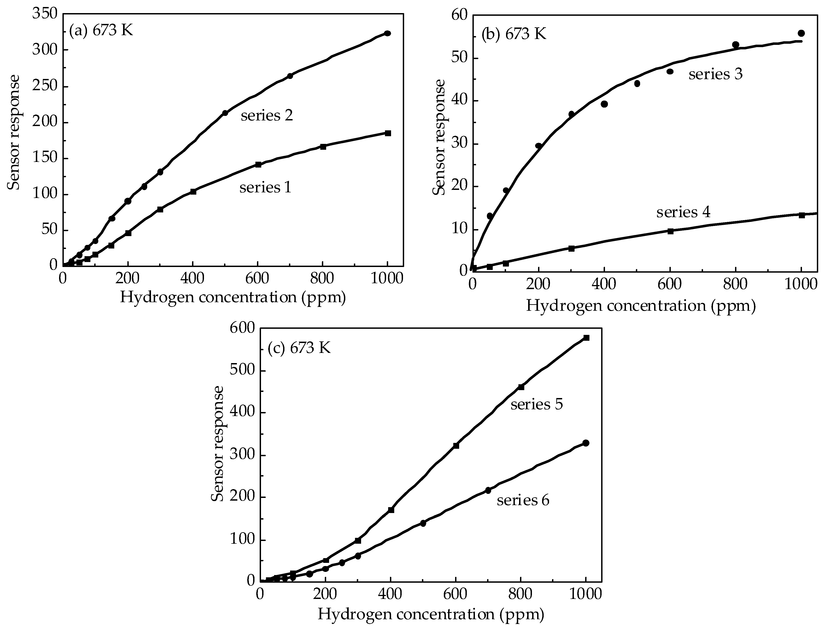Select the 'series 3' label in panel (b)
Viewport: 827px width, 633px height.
[715, 74]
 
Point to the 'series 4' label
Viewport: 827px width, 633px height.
[683, 212]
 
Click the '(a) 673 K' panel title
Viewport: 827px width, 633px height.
[101, 30]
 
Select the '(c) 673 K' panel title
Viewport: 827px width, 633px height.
[299, 348]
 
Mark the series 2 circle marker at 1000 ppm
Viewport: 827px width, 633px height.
[387, 34]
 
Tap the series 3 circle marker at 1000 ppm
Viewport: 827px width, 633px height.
[801, 33]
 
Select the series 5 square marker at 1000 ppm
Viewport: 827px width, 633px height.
[586, 338]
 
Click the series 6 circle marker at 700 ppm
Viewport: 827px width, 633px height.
[488, 490]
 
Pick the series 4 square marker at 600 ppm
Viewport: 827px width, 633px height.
[670, 231]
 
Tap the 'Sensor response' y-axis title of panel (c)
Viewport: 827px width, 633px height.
[217, 444]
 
